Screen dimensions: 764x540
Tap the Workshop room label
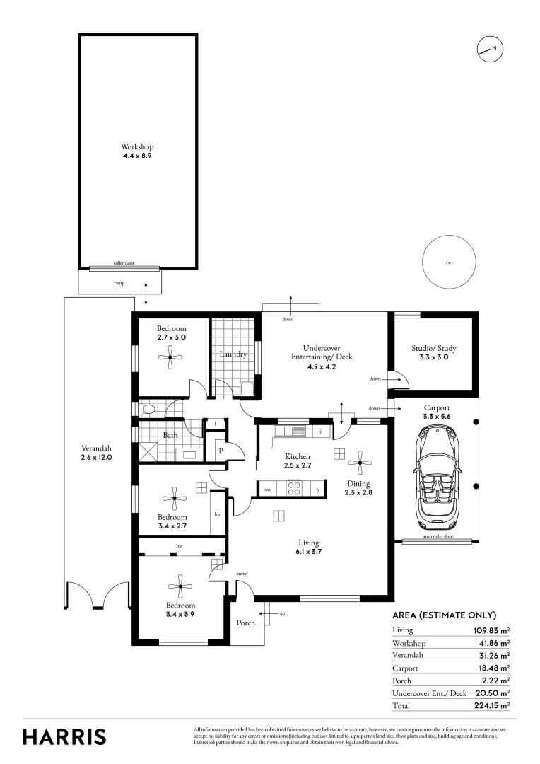(137, 147)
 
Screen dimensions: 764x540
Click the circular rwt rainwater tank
(449, 262)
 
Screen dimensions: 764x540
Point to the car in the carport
(435, 477)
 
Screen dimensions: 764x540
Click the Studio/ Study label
(434, 348)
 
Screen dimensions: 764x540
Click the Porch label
(245, 623)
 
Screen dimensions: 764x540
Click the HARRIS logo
(64, 736)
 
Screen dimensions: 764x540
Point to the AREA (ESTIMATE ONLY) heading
(444, 615)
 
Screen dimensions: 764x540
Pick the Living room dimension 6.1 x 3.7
(310, 552)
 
